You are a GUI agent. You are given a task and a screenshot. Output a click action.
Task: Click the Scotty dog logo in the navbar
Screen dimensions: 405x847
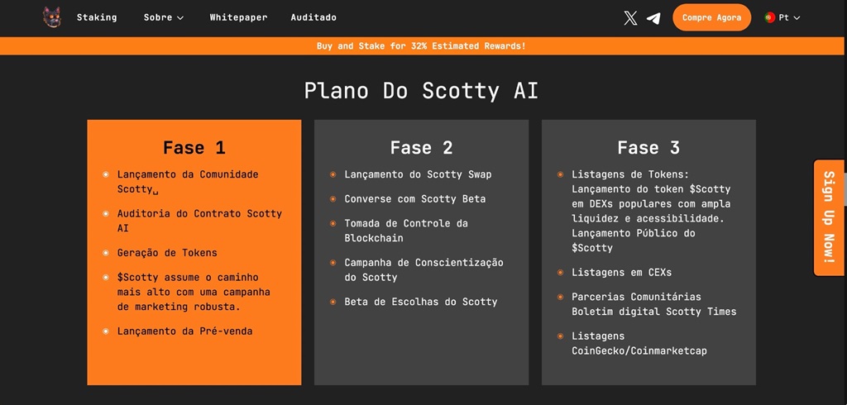tap(52, 17)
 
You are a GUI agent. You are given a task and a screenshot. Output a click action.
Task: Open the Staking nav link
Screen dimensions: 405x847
tap(97, 17)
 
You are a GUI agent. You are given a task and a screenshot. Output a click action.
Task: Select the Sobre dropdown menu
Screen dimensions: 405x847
tap(163, 17)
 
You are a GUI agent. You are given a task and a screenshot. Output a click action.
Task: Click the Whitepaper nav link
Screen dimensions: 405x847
tap(238, 17)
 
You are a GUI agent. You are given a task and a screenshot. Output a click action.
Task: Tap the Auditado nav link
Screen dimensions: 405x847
tap(313, 17)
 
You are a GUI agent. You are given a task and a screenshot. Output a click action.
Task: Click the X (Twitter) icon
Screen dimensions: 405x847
tap(630, 17)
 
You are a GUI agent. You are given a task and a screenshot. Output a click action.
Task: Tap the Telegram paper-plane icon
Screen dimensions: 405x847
tap(653, 17)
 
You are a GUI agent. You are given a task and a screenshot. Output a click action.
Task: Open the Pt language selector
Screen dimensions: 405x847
tap(782, 17)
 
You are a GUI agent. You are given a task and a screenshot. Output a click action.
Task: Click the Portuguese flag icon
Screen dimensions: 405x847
tap(770, 17)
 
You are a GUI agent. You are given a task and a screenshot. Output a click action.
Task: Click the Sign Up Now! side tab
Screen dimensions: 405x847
tap(828, 217)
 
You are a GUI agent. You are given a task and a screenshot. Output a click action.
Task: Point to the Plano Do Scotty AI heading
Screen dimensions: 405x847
tap(421, 90)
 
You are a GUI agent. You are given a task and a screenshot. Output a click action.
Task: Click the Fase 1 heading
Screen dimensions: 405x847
tap(194, 148)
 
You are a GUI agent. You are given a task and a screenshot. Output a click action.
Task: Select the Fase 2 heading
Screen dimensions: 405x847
tap(421, 148)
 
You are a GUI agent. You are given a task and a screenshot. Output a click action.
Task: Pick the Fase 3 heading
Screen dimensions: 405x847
tap(648, 148)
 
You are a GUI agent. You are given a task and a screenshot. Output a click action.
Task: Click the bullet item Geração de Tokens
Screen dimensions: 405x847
tap(167, 253)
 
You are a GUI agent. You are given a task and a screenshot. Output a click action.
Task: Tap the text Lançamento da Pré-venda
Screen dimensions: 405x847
tap(184, 331)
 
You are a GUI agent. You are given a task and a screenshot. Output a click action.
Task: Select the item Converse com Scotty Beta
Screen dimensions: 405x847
tap(415, 199)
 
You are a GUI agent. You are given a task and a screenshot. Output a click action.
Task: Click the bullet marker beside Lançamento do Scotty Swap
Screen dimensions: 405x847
tap(333, 175)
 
